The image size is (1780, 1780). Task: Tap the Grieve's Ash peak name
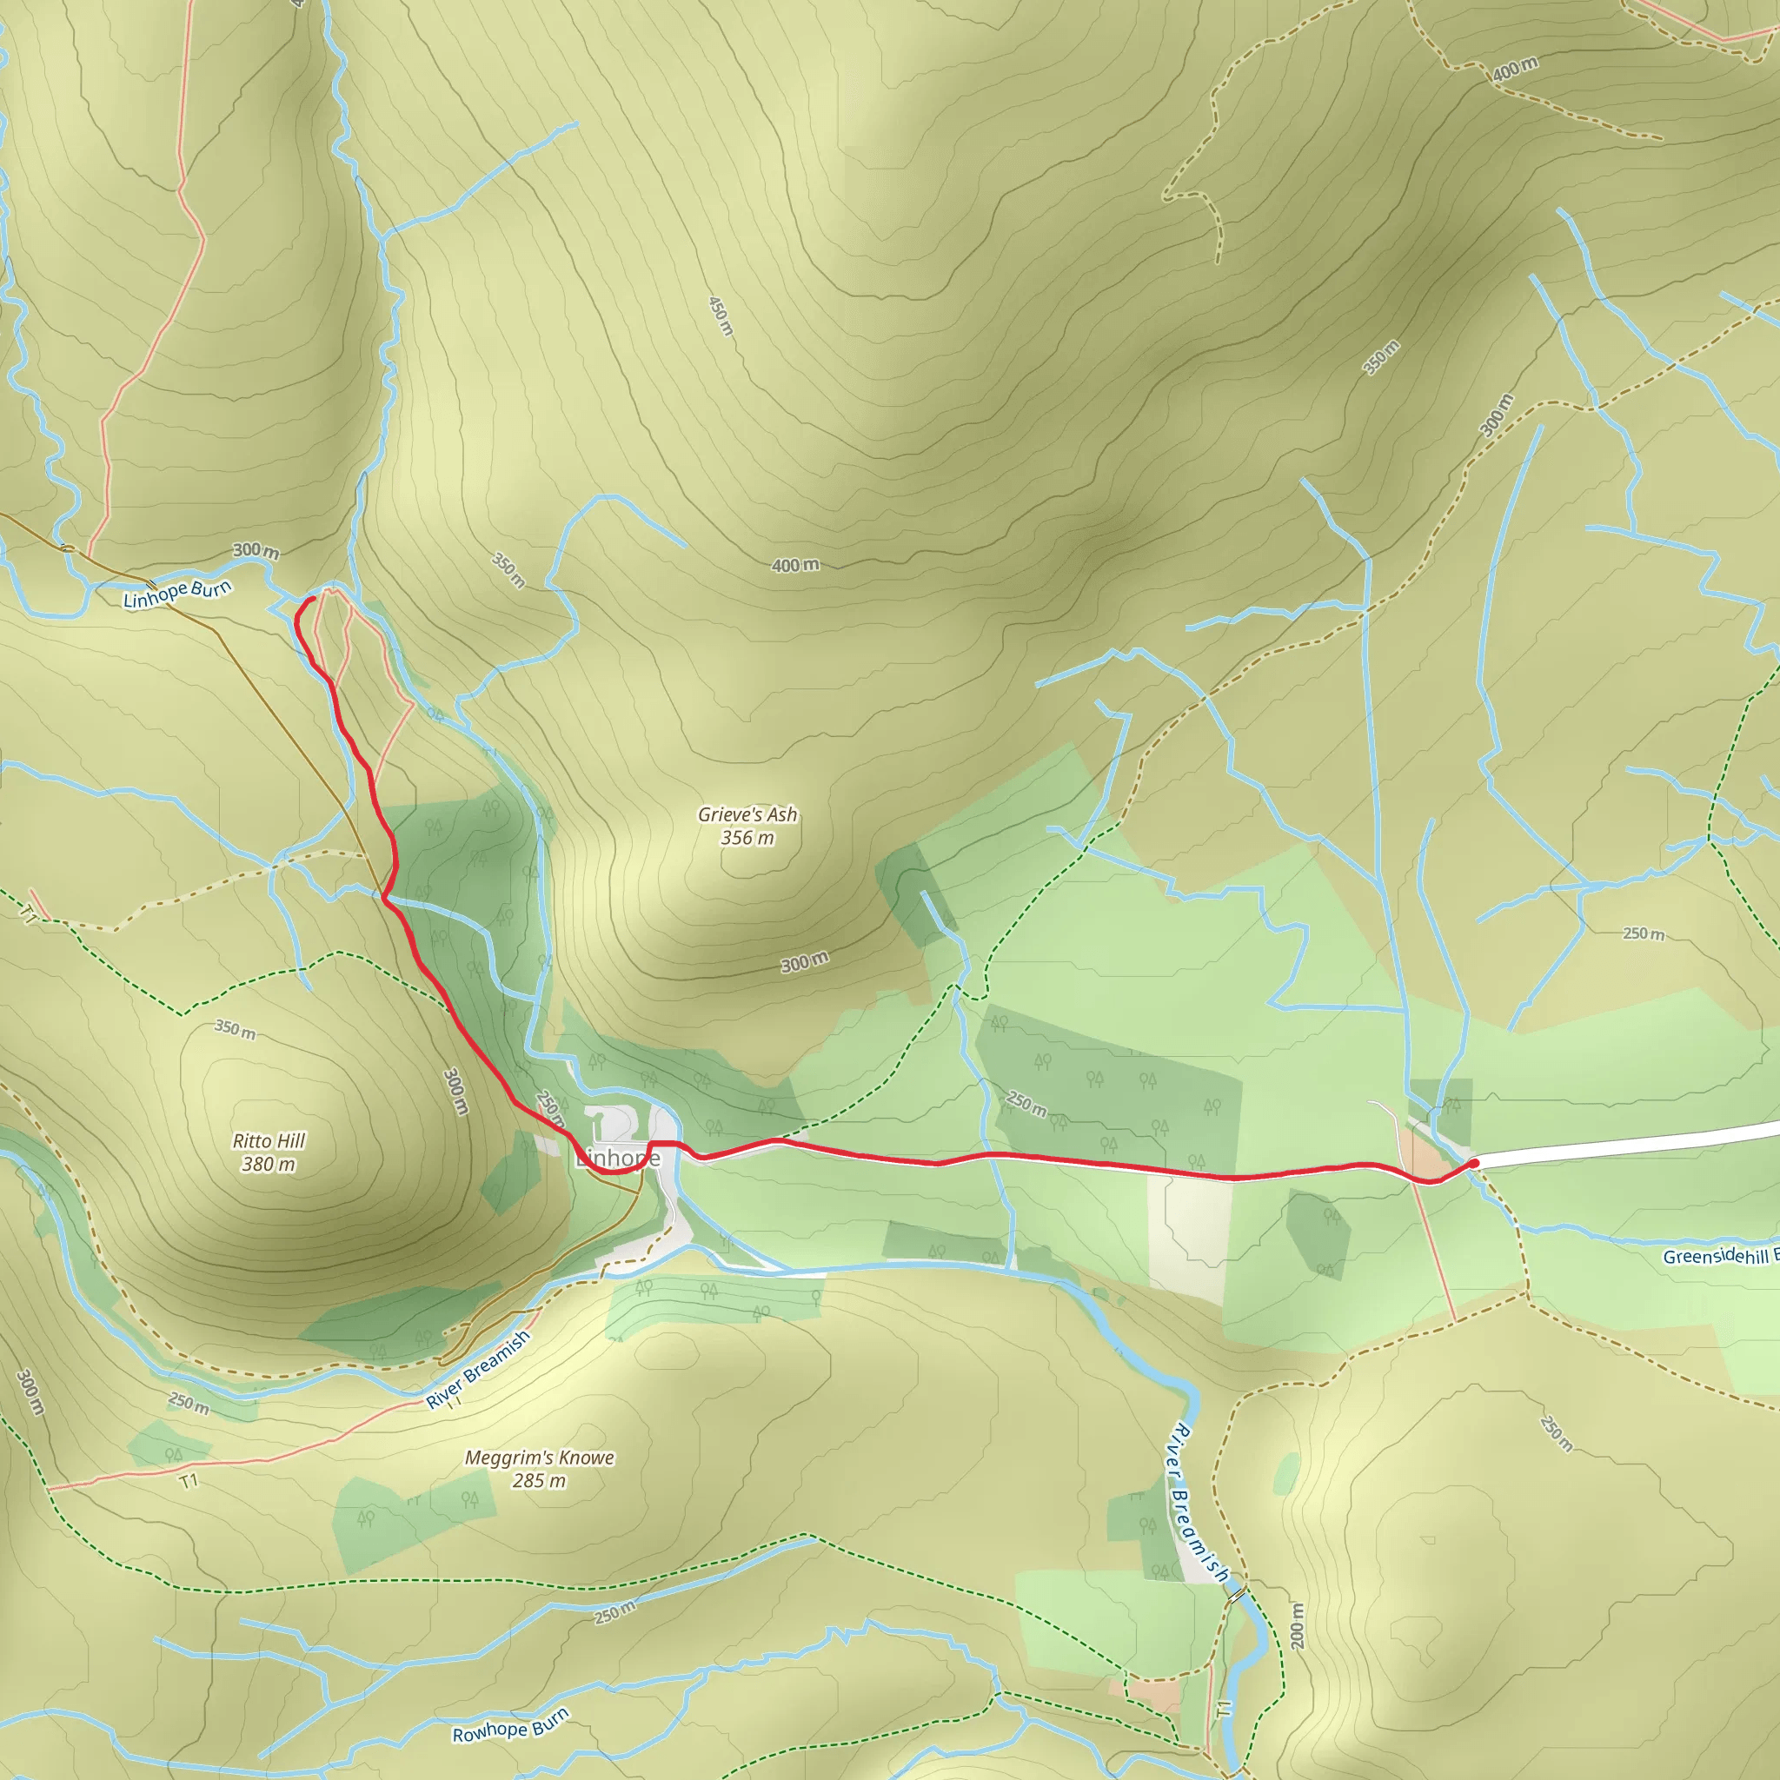pos(747,814)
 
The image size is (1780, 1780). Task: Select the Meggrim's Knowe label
pos(539,1458)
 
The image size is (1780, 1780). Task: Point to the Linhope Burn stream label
pos(177,594)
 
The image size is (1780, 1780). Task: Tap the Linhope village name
pos(618,1158)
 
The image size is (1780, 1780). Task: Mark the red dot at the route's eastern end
pos(1474,1164)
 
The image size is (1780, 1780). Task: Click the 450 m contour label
pos(721,315)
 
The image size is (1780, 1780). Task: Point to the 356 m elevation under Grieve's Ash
pos(747,838)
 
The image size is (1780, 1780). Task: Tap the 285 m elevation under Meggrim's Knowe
pos(539,1480)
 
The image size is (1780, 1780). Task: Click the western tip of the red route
pos(312,599)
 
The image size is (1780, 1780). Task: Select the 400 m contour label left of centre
pos(795,565)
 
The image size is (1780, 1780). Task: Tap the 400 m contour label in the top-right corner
pos(1515,68)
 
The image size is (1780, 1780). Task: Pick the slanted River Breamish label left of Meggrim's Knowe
pos(477,1369)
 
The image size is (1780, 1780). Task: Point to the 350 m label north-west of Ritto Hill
pos(235,1028)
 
